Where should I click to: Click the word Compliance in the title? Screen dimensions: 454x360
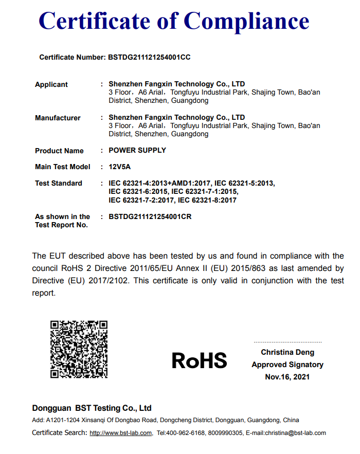[247, 22]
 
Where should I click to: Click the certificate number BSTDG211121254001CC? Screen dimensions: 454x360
[149, 57]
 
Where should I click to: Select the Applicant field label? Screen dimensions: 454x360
[51, 84]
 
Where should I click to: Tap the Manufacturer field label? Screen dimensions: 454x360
[58, 118]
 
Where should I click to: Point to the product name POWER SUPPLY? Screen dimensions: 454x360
[137, 150]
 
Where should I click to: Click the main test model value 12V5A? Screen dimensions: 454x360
[120, 167]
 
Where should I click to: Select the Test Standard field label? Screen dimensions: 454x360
[59, 183]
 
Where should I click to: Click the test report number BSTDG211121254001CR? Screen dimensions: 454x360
[150, 216]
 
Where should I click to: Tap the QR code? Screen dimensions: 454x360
[79, 349]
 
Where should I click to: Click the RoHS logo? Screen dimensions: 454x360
[199, 360]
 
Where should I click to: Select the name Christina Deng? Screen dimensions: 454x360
[287, 352]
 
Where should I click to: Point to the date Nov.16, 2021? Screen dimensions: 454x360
[287, 377]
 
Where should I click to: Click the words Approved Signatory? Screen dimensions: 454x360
[287, 365]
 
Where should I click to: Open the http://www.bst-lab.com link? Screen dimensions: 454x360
[121, 433]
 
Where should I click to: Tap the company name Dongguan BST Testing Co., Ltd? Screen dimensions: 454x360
[92, 408]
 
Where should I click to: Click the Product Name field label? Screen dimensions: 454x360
[59, 151]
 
